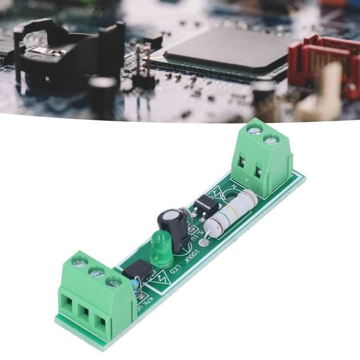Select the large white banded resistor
[x=230, y=211]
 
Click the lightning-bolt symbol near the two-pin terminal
[x=222, y=192]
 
